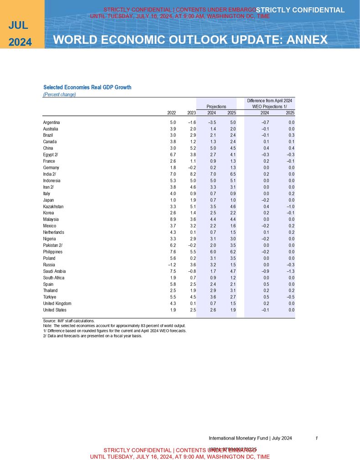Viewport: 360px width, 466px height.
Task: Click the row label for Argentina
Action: (51, 123)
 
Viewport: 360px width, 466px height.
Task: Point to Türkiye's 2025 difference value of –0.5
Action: (290, 297)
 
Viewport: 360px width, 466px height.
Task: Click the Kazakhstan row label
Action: (53, 207)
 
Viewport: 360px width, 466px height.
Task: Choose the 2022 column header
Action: (172, 113)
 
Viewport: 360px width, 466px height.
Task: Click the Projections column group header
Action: (216, 106)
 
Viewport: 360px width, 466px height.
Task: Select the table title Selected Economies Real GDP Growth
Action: (87, 87)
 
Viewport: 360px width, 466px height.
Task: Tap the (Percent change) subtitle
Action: (59, 95)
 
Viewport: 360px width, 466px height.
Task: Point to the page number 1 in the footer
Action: (316, 438)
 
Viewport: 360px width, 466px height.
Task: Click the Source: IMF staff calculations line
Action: (69, 321)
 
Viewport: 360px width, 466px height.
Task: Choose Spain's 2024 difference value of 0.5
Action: (265, 284)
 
